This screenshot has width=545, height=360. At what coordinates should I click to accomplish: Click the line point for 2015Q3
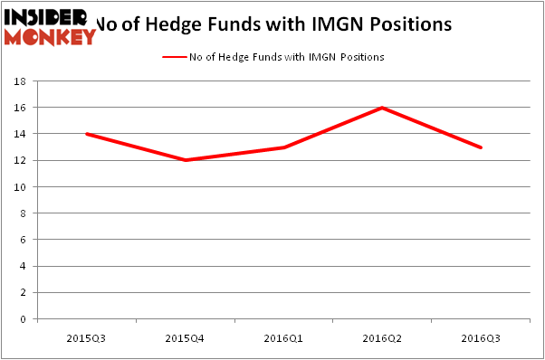point(87,134)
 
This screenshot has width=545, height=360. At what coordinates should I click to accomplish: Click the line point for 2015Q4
point(186,160)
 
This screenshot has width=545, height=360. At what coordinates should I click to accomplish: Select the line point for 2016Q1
point(284,147)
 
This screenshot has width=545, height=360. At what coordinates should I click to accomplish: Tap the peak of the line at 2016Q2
point(383,108)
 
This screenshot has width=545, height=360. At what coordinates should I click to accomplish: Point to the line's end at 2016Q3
point(481,147)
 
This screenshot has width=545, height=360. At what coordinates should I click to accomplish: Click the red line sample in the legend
point(174,57)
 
